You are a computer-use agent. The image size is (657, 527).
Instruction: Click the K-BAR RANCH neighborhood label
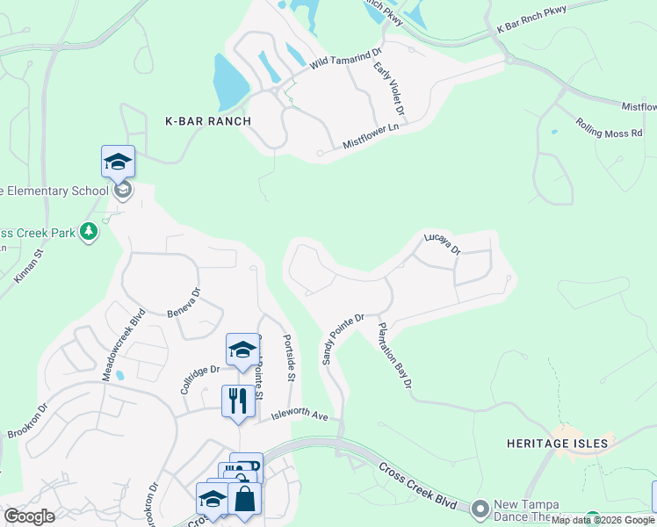point(209,121)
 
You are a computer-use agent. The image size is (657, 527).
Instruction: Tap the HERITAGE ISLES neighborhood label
point(558,444)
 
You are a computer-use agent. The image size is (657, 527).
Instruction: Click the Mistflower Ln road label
point(371,139)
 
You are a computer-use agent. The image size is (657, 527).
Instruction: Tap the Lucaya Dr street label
point(442,243)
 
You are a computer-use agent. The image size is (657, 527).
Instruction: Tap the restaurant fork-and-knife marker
point(238,401)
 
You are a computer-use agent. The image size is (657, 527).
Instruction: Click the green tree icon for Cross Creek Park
point(88,231)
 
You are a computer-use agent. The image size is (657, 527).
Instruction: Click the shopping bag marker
point(245,499)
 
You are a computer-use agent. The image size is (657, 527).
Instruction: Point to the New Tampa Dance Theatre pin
point(480,508)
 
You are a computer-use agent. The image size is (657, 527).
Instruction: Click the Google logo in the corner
point(30,516)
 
